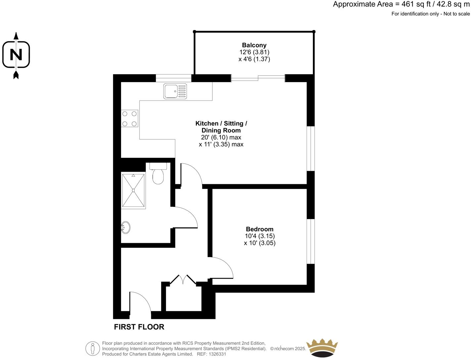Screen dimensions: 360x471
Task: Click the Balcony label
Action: pyautogui.click(x=254, y=45)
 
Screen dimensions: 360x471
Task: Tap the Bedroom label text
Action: pyautogui.click(x=260, y=229)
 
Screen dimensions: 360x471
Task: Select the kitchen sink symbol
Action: pyautogui.click(x=175, y=91)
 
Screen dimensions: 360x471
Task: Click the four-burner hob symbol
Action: pyautogui.click(x=130, y=118)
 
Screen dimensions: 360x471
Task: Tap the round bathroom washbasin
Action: pyautogui.click(x=126, y=227)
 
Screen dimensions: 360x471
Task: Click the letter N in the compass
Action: pyautogui.click(x=16, y=55)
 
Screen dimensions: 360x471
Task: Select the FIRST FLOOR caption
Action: pyautogui.click(x=139, y=327)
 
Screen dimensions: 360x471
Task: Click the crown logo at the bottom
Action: pyautogui.click(x=322, y=348)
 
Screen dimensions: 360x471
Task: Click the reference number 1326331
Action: pyautogui.click(x=217, y=354)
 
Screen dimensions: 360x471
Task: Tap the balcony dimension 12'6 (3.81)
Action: pyautogui.click(x=254, y=52)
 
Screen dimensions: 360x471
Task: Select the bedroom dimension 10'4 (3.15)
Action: pyautogui.click(x=260, y=236)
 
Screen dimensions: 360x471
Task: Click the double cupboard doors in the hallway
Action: pyautogui.click(x=183, y=280)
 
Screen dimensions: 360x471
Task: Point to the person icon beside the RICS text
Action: pyautogui.click(x=93, y=348)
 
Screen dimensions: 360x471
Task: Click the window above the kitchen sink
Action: pyautogui.click(x=173, y=78)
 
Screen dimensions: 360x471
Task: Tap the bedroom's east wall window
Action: pyautogui.click(x=311, y=241)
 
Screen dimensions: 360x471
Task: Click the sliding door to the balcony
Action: pyautogui.click(x=258, y=78)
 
